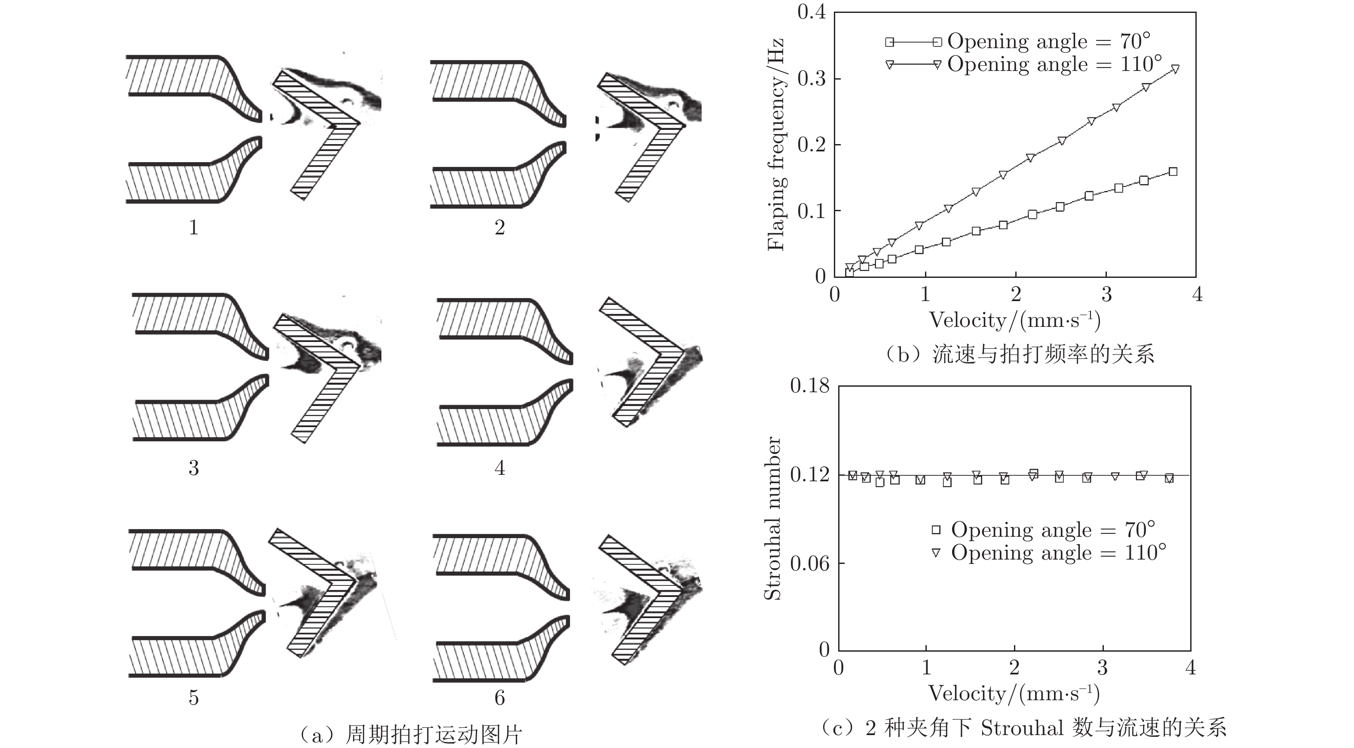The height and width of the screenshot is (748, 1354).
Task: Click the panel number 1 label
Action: pos(193,227)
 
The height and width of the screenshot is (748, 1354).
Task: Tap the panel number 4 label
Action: pos(499,468)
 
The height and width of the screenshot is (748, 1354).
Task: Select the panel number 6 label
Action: pos(499,698)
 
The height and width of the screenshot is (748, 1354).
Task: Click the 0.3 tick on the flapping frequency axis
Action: pos(812,78)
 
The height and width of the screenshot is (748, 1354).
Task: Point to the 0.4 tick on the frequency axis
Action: pos(812,12)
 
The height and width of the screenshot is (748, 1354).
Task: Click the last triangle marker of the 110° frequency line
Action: pos(1175,69)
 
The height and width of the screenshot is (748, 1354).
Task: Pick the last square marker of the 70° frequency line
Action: pos(1173,172)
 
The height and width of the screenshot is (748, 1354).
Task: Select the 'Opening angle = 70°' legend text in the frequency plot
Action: pos(1049,41)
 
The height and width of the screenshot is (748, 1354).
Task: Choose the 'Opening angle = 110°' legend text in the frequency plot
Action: pos(1054,64)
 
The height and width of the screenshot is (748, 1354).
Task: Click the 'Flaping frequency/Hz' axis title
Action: pos(776,145)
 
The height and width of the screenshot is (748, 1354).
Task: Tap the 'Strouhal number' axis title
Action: pos(772,518)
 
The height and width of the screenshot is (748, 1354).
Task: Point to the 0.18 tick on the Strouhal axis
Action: pos(809,385)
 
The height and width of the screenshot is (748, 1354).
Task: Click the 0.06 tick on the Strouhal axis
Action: pos(809,563)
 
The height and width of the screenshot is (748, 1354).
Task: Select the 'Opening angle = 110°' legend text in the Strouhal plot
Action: pos(1059,553)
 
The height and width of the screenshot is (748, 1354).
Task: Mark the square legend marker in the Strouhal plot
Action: pos(936,529)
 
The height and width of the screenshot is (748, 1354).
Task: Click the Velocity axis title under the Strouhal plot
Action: pos(1014,694)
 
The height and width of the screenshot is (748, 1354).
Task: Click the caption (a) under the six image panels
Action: pos(410,734)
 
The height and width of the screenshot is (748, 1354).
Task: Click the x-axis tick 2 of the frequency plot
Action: pos(1015,294)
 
